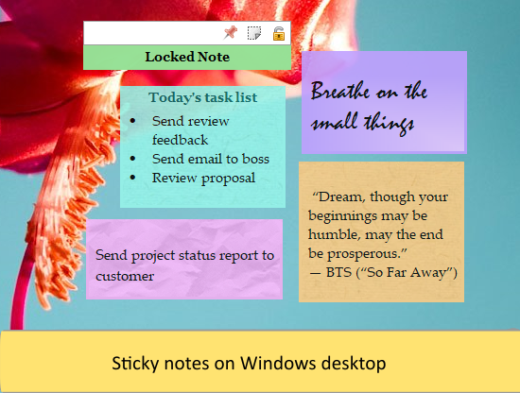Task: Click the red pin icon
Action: pyautogui.click(x=230, y=33)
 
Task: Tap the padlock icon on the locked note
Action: pyautogui.click(x=279, y=33)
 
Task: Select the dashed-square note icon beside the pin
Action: pyautogui.click(x=254, y=33)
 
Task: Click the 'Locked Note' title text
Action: pyautogui.click(x=187, y=57)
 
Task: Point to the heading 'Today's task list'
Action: pyautogui.click(x=202, y=97)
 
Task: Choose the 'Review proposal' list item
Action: pyautogui.click(x=203, y=177)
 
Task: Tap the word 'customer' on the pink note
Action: pyautogui.click(x=125, y=276)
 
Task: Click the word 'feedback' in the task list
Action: pyautogui.click(x=180, y=139)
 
